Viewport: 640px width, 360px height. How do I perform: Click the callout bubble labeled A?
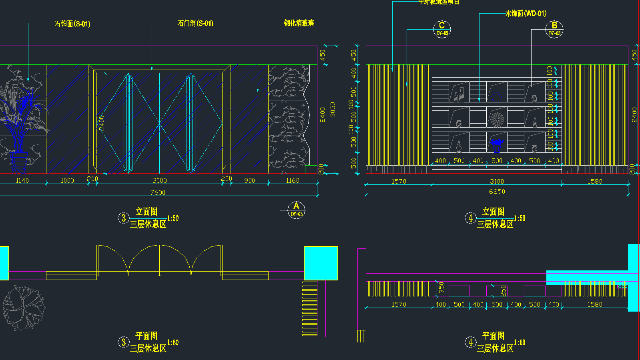pyautogui.click(x=296, y=209)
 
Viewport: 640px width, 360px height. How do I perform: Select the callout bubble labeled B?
pyautogui.click(x=554, y=29)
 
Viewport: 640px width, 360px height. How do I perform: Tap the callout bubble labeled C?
pyautogui.click(x=442, y=29)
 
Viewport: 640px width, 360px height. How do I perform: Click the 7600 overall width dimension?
pyautogui.click(x=158, y=192)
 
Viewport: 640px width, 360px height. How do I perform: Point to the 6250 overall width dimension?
pyautogui.click(x=497, y=192)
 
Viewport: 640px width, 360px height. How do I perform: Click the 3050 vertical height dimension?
pyautogui.click(x=333, y=109)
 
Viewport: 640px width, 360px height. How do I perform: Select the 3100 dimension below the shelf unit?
pyautogui.click(x=497, y=182)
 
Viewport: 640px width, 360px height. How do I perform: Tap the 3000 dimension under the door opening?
pyautogui.click(x=160, y=181)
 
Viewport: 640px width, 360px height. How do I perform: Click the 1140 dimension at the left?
pyautogui.click(x=22, y=181)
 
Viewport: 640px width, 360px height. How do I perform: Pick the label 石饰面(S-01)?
pyautogui.click(x=72, y=24)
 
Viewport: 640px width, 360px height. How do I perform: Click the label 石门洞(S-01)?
pyautogui.click(x=195, y=24)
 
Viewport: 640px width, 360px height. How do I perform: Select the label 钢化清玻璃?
pyautogui.click(x=299, y=23)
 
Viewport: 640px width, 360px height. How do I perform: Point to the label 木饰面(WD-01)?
pyautogui.click(x=526, y=14)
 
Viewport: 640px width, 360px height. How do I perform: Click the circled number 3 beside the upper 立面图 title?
pyautogui.click(x=123, y=218)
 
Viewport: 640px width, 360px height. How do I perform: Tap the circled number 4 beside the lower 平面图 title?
pyautogui.click(x=470, y=342)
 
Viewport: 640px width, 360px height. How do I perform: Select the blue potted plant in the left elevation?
pyautogui.click(x=20, y=120)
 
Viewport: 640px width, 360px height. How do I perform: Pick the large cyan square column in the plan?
pyautogui.click(x=321, y=263)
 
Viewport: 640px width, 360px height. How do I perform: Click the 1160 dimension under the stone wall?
pyautogui.click(x=293, y=181)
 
